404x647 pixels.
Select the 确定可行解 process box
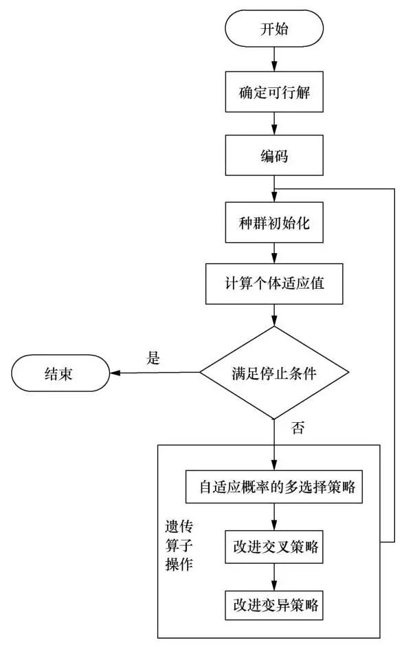click(x=274, y=91)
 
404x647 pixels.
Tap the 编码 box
click(x=274, y=156)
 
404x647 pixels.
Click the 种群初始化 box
click(x=274, y=221)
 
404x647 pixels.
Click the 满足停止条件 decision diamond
click(x=274, y=373)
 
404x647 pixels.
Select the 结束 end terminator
click(x=60, y=373)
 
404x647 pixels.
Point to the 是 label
click(x=154, y=358)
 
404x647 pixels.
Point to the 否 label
click(x=298, y=428)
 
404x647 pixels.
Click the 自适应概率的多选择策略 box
click(x=274, y=487)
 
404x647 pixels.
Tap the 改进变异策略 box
click(x=274, y=605)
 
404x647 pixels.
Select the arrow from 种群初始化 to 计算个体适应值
click(x=274, y=252)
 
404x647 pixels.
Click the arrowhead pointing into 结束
click(x=117, y=373)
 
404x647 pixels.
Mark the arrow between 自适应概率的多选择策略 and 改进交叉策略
click(x=274, y=516)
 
